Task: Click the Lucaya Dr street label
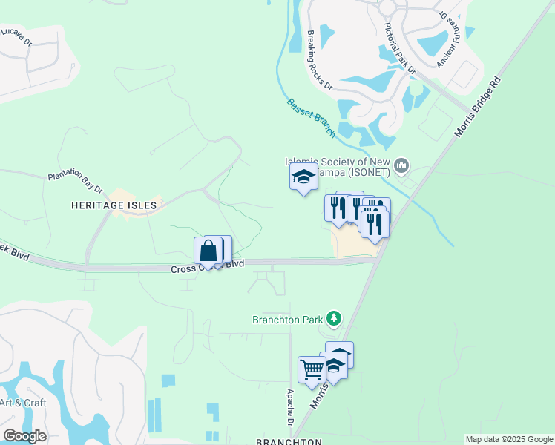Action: tap(16, 37)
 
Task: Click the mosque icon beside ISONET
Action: tap(402, 165)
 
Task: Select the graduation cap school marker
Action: tap(303, 177)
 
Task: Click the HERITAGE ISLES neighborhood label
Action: tap(114, 205)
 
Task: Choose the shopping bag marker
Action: tap(208, 251)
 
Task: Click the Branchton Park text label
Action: tap(287, 320)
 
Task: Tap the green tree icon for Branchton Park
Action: tap(334, 319)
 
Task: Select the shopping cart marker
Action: tap(312, 369)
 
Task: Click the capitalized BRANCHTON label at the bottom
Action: tap(289, 441)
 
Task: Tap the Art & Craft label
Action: tap(23, 403)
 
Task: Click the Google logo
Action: tap(24, 436)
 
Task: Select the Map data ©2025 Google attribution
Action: tap(508, 439)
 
